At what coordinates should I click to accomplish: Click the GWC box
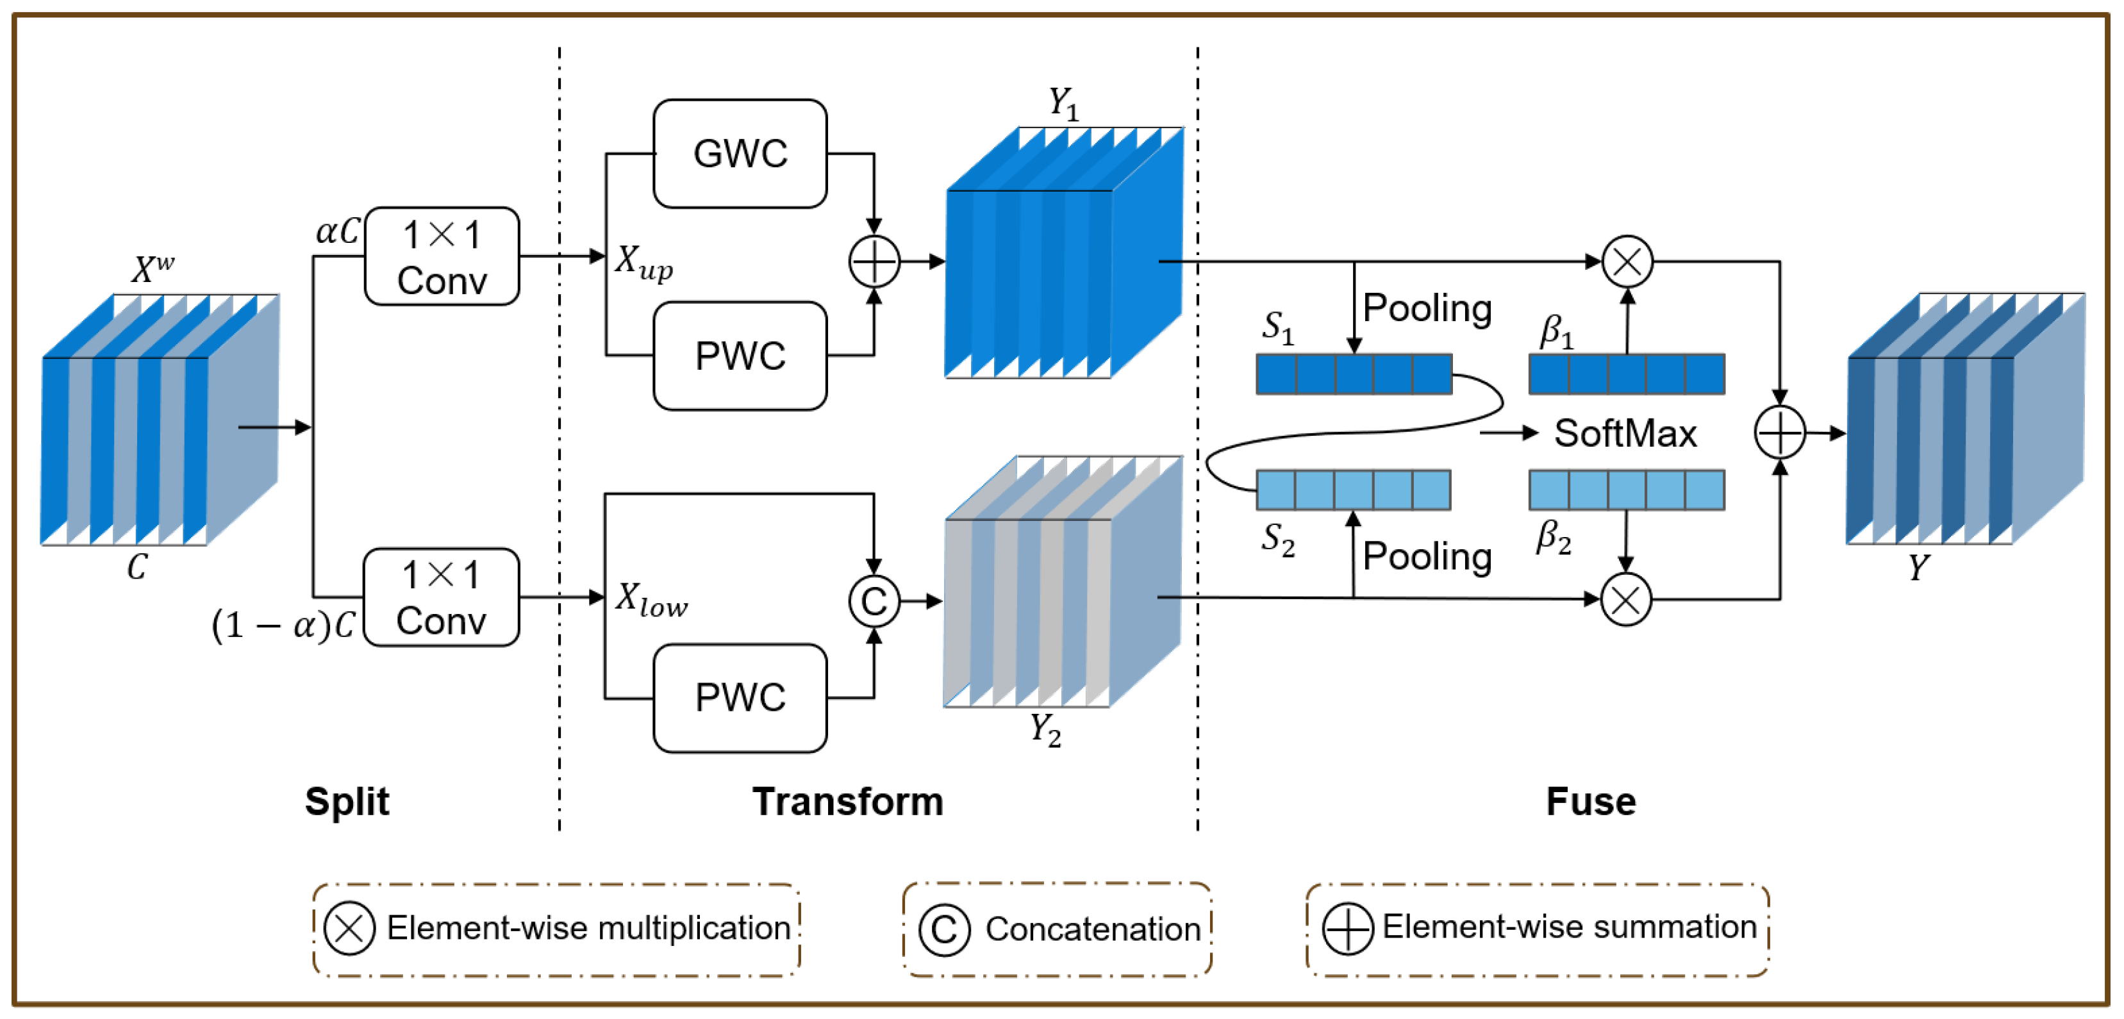pos(740,153)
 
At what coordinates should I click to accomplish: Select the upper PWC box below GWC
pos(740,355)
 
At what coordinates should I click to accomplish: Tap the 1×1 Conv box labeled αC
pos(442,256)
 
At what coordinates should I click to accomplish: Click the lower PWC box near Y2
pos(740,697)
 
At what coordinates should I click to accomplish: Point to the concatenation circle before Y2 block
pos(874,601)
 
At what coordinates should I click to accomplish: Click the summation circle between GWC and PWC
pos(874,261)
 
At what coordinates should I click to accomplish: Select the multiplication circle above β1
pos(1627,261)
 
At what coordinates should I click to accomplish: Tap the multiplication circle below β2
pos(1625,599)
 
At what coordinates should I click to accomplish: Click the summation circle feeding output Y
pos(1779,432)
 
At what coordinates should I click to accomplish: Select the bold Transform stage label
pos(848,801)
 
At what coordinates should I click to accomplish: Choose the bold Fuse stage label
pos(1591,801)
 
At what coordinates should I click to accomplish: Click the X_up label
pos(643,262)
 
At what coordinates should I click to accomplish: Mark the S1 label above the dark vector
pos(1277,327)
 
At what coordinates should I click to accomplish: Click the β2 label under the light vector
pos(1554,538)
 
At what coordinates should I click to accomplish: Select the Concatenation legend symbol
pos(943,929)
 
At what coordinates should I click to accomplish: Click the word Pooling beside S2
pos(1427,556)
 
